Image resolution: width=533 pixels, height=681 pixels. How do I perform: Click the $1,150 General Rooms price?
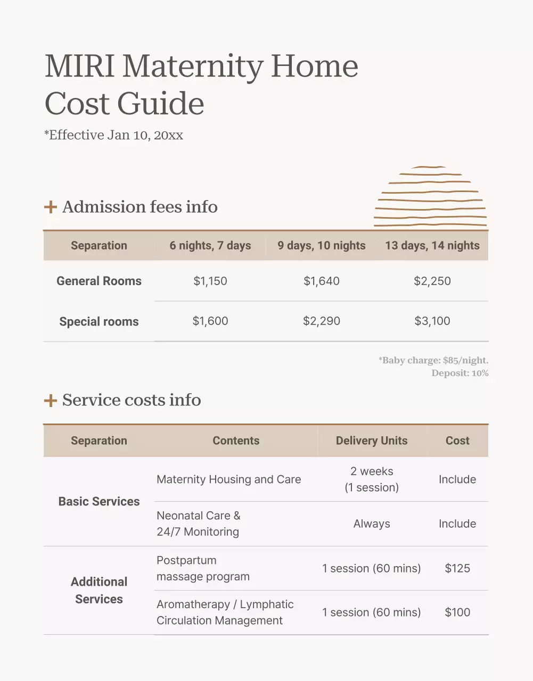click(x=210, y=281)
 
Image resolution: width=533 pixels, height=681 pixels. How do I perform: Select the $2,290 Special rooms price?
click(x=322, y=321)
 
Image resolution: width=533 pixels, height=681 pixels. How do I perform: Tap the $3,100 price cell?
click(x=432, y=321)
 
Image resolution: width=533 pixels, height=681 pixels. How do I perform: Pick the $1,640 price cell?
click(x=322, y=281)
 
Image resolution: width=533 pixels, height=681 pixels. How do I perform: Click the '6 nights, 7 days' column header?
click(x=210, y=245)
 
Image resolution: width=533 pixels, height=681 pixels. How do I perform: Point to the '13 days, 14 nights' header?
click(x=432, y=245)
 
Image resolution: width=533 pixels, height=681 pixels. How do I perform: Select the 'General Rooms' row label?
click(x=99, y=281)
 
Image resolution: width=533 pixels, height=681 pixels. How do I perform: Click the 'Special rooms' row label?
click(x=99, y=321)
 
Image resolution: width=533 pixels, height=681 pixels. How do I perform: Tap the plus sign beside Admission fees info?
click(x=51, y=206)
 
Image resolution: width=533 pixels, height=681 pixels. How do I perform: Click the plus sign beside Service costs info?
click(x=51, y=400)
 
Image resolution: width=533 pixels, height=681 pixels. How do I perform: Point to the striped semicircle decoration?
click(x=430, y=197)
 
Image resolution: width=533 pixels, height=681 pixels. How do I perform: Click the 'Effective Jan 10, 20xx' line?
click(x=114, y=135)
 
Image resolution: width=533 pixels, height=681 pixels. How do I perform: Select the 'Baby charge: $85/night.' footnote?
click(x=433, y=360)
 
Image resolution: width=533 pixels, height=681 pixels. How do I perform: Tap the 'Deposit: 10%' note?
click(x=460, y=373)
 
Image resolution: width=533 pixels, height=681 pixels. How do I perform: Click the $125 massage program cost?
click(x=457, y=568)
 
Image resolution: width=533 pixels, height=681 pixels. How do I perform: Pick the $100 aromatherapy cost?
click(x=457, y=612)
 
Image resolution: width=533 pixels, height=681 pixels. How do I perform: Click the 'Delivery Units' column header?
click(x=372, y=441)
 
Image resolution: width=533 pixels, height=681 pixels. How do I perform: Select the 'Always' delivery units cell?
click(x=372, y=524)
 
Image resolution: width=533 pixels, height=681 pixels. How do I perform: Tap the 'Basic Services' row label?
click(x=99, y=501)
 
